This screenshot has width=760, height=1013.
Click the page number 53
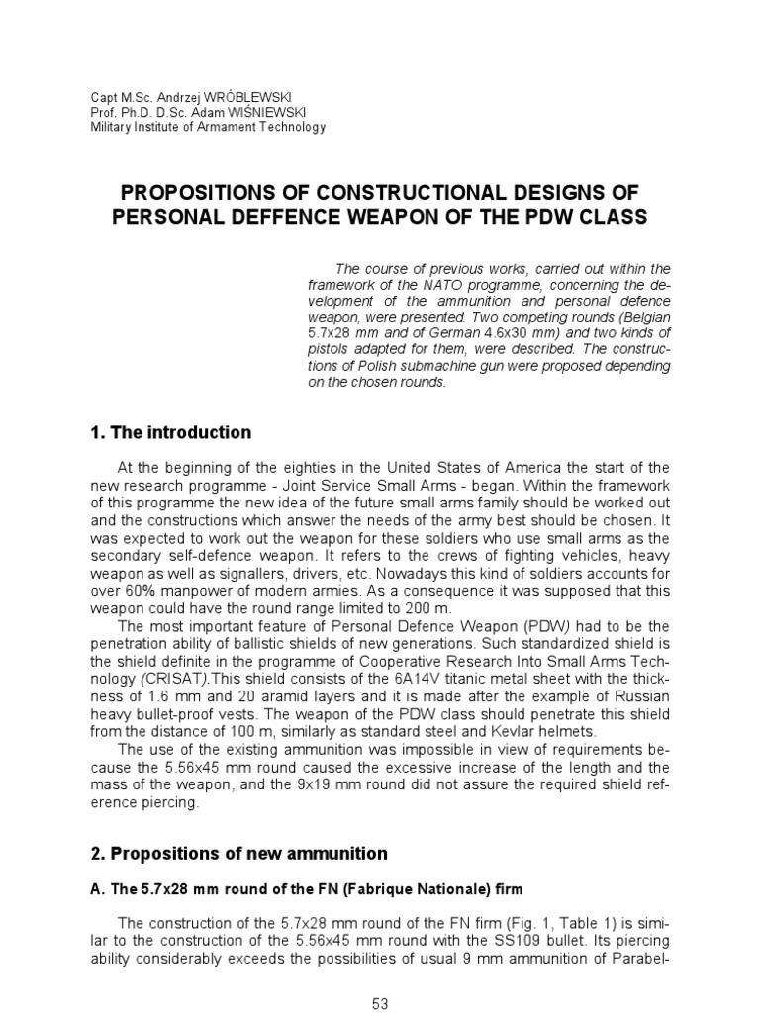[x=380, y=1004]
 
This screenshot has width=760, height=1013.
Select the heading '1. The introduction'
[x=170, y=432]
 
